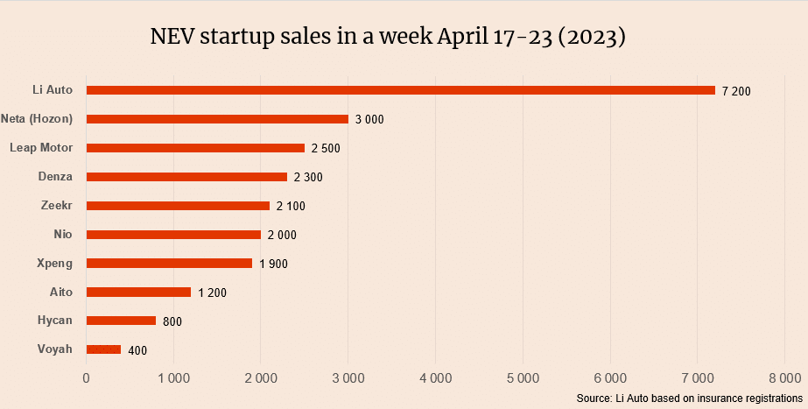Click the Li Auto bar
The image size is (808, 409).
point(400,90)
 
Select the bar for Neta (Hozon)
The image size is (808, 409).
point(217,119)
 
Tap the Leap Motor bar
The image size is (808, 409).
point(195,148)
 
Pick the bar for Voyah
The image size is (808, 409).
point(103,349)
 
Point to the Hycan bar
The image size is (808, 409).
point(121,321)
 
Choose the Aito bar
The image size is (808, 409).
point(138,292)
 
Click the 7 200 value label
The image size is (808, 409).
point(736,91)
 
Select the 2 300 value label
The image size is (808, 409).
point(308,177)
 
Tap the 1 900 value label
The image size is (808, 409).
point(273,264)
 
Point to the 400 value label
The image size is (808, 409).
point(137,350)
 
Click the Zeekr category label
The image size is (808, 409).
point(57,205)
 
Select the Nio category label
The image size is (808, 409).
point(63,234)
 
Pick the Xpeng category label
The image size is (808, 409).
point(55,263)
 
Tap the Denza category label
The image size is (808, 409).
point(55,176)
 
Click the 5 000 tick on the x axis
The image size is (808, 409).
point(523,377)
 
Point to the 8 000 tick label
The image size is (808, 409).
point(783,377)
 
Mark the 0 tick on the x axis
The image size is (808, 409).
point(86,377)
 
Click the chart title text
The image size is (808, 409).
point(388,39)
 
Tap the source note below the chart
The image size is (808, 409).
point(690,398)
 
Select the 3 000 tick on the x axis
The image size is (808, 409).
point(348,377)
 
